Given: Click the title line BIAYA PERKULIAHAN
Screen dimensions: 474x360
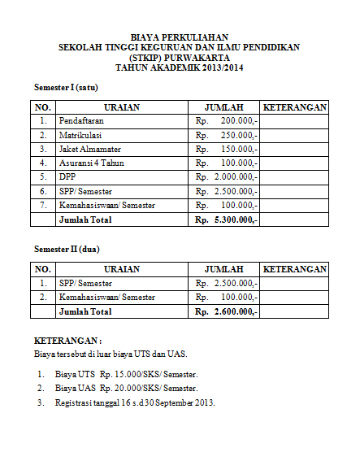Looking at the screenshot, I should point(180,37).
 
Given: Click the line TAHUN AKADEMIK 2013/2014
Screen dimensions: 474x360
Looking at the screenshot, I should point(180,67).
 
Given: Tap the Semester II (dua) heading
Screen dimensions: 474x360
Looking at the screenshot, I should point(67,249).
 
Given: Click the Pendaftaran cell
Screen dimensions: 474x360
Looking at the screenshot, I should point(80,121).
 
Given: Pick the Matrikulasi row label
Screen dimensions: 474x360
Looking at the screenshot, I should point(80,135).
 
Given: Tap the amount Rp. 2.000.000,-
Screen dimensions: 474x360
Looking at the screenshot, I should point(227,177).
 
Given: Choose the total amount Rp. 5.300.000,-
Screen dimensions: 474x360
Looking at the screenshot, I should point(227,220).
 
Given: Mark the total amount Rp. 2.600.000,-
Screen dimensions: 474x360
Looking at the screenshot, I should point(227,311).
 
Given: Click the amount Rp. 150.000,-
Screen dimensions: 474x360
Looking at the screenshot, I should point(227,149).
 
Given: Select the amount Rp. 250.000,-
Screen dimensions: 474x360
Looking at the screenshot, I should point(227,135).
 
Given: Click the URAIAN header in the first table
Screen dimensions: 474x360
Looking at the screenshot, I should point(122,107).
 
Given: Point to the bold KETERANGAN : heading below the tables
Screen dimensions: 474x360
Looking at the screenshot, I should point(68,341).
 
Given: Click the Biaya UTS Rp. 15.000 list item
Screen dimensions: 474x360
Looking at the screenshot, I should point(126,374).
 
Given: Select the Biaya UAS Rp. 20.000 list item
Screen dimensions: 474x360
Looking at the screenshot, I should point(126,389).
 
